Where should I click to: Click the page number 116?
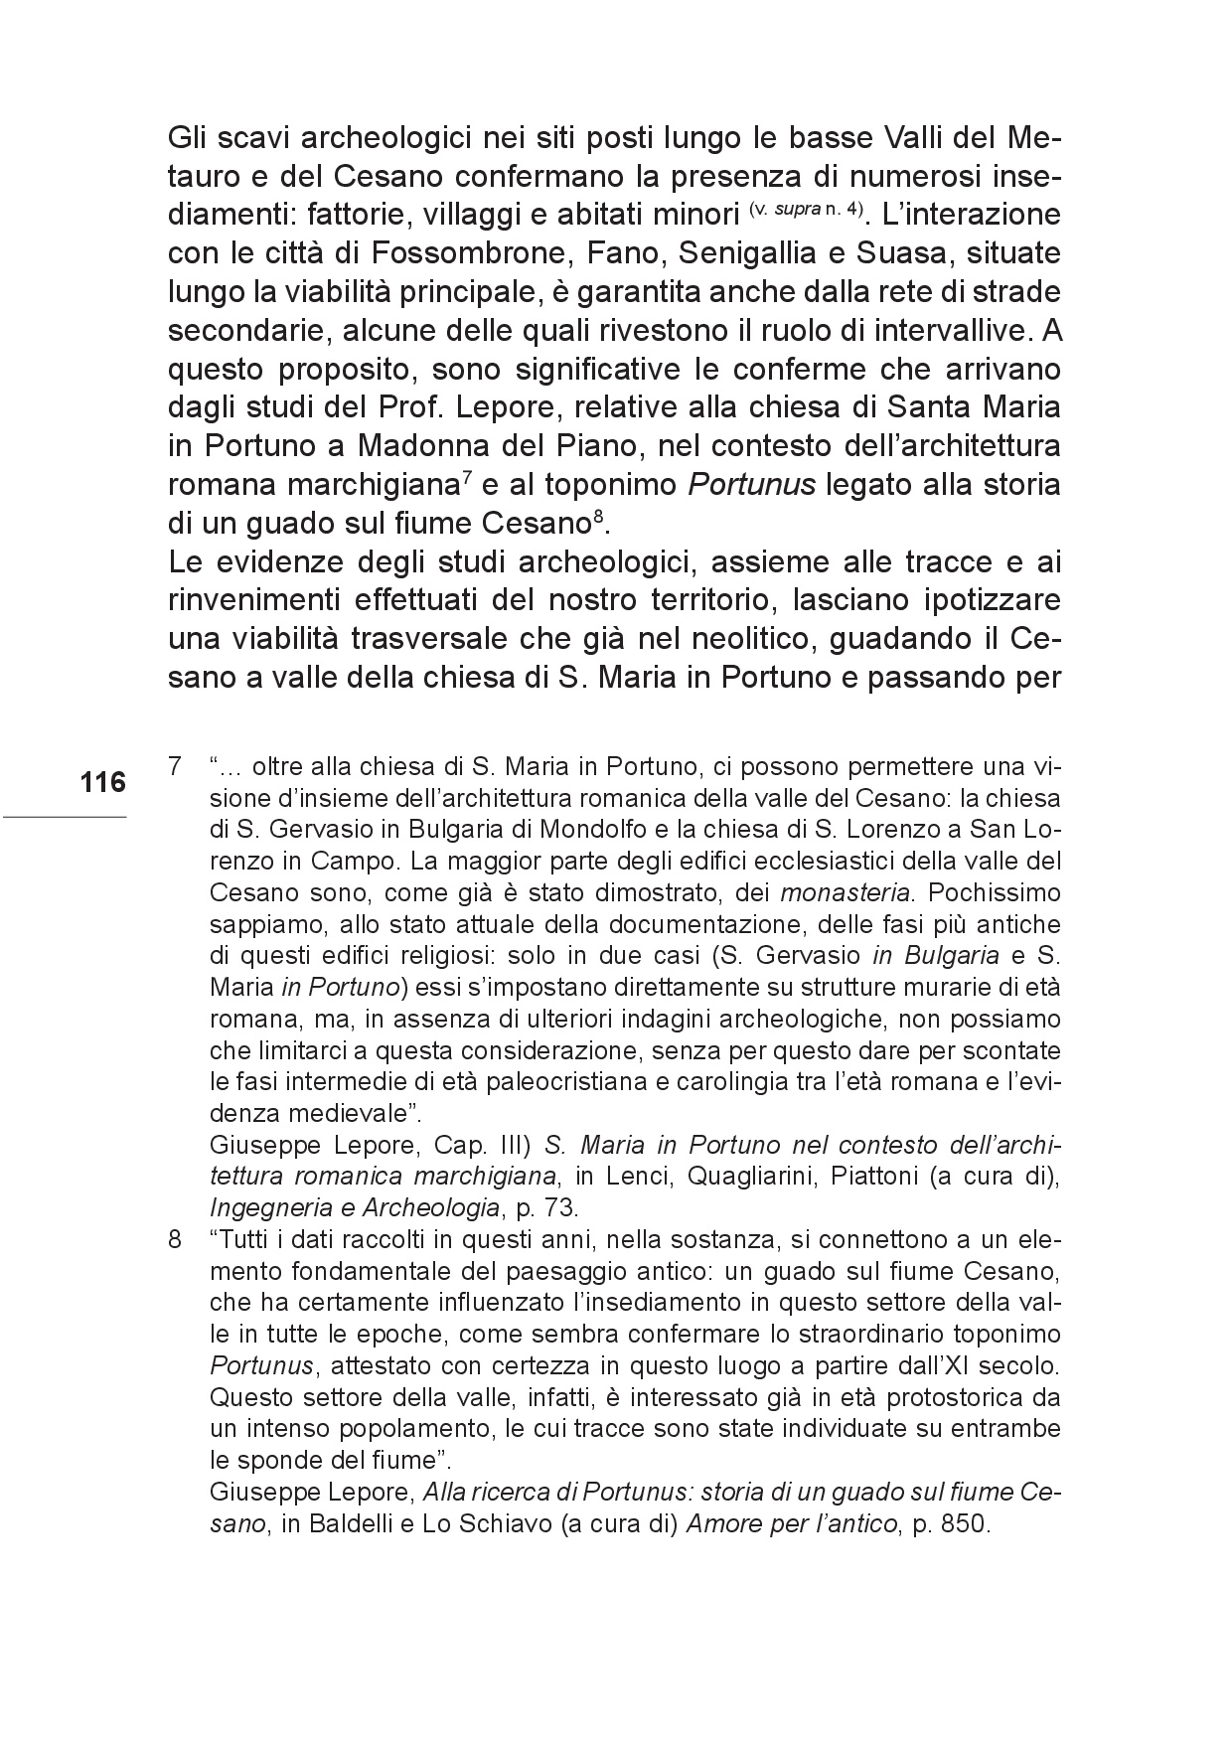click(x=103, y=783)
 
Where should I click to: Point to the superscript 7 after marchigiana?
click(x=466, y=480)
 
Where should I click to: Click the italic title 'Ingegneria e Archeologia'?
click(x=353, y=1208)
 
